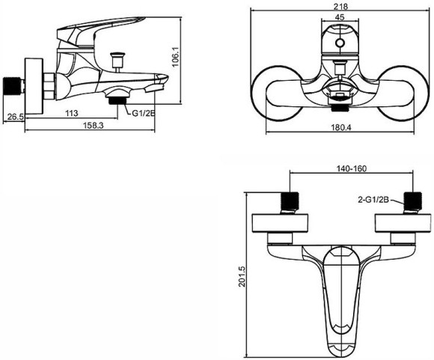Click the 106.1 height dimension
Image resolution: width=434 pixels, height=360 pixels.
point(176,56)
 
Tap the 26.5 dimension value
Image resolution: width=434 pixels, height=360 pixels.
point(15,117)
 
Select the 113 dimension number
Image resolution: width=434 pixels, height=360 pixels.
point(71,113)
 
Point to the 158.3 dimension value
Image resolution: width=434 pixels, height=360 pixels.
point(94,126)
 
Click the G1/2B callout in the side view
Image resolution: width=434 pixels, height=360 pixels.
point(144,113)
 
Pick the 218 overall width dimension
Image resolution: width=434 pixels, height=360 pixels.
point(340,7)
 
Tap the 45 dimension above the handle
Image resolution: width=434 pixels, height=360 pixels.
point(340,17)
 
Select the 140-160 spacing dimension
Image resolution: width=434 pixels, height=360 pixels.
point(351,168)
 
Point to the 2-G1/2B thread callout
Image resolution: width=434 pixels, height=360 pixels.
point(373,199)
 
